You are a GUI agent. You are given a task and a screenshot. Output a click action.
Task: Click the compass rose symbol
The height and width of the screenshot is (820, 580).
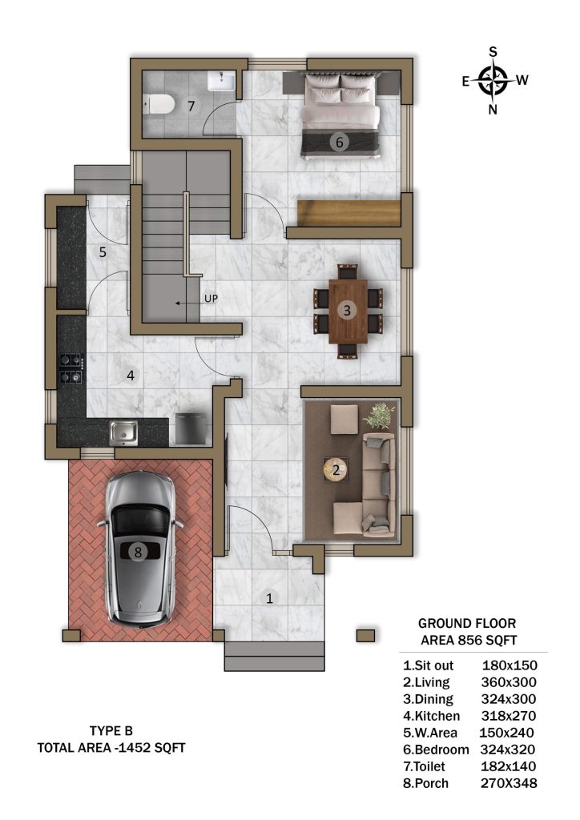click(x=493, y=81)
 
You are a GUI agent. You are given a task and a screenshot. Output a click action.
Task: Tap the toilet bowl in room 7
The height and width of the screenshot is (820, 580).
click(x=159, y=103)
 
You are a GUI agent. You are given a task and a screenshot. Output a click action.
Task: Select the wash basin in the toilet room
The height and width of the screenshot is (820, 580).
click(x=222, y=81)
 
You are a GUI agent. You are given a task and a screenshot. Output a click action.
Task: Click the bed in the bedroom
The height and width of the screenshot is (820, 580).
click(x=340, y=114)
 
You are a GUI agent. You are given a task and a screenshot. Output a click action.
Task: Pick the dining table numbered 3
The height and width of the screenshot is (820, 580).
click(x=348, y=311)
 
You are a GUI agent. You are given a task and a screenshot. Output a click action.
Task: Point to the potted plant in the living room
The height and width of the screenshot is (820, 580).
click(x=379, y=415)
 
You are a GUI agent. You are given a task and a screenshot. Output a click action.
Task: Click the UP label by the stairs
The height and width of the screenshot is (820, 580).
click(x=211, y=299)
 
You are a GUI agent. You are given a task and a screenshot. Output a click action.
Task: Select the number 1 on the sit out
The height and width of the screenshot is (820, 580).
click(x=270, y=597)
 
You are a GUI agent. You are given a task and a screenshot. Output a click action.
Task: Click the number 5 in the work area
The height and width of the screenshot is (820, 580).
click(x=103, y=252)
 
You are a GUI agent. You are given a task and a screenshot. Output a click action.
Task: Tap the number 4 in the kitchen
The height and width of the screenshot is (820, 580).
click(x=131, y=375)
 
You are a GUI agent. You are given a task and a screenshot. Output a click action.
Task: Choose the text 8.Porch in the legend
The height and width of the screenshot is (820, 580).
click(x=425, y=783)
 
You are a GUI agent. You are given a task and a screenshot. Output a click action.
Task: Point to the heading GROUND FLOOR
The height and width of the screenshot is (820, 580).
click(x=467, y=623)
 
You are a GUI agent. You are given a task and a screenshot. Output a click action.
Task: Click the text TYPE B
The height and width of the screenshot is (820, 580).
click(x=111, y=730)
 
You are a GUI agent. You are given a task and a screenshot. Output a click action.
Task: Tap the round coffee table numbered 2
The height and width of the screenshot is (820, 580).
click(x=336, y=469)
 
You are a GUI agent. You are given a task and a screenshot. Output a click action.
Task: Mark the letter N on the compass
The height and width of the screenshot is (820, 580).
click(x=493, y=109)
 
